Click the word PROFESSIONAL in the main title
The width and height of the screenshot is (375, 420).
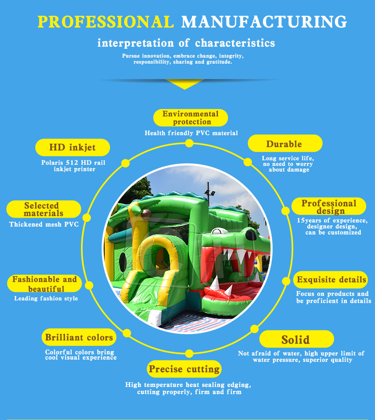pyautogui.click(x=106, y=22)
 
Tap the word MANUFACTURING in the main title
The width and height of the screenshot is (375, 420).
pyautogui.click(x=264, y=22)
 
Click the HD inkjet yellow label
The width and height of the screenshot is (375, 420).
pyautogui.click(x=72, y=148)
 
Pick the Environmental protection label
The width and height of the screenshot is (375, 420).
pyautogui.click(x=190, y=118)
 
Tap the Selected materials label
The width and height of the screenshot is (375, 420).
pyautogui.click(x=43, y=209)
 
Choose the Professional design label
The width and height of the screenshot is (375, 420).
pyautogui.click(x=329, y=206)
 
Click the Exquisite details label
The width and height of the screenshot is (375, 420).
pyautogui.click(x=331, y=280)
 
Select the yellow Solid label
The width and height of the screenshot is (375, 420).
pyautogui.click(x=296, y=339)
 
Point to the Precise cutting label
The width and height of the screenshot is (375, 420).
pyautogui.click(x=184, y=369)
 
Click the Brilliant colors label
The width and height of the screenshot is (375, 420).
pyautogui.click(x=79, y=337)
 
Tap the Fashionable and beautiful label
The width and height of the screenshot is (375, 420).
pyautogui.click(x=44, y=284)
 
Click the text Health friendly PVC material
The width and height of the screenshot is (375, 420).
pyautogui.click(x=191, y=133)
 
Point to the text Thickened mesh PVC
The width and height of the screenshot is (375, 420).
pyautogui.click(x=44, y=224)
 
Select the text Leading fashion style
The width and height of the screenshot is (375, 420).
pyautogui.click(x=46, y=298)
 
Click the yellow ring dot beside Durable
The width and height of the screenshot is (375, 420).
pyautogui.click(x=248, y=162)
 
